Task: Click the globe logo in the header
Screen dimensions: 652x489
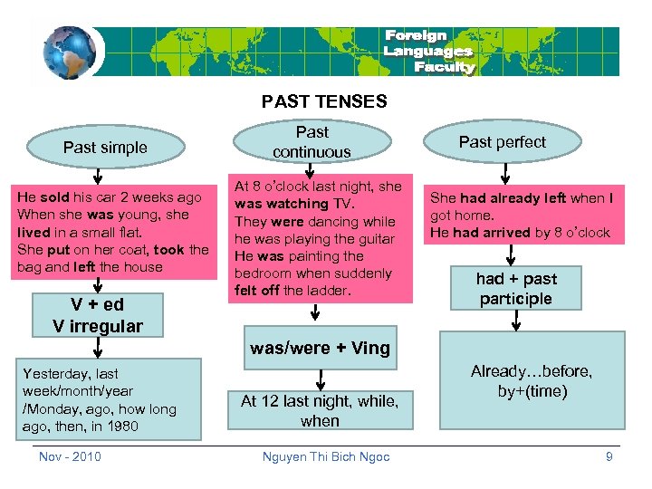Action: pyautogui.click(x=69, y=52)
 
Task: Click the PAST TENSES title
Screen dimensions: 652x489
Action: pyautogui.click(x=324, y=101)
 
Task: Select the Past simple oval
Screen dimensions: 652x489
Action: pyautogui.click(x=105, y=147)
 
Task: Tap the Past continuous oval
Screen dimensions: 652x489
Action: pyautogui.click(x=312, y=142)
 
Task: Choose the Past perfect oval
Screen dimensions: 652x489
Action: pyautogui.click(x=503, y=141)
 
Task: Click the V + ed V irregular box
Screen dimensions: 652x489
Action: pyautogui.click(x=99, y=315)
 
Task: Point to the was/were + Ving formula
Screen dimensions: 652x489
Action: pyautogui.click(x=320, y=348)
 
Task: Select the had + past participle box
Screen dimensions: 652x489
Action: pyautogui.click(x=516, y=289)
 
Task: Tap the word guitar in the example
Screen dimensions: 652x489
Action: pyautogui.click(x=377, y=239)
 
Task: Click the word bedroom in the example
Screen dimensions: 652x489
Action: pyautogui.click(x=264, y=273)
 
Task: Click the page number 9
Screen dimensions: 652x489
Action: pyautogui.click(x=609, y=456)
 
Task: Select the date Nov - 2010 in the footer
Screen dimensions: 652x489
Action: pyautogui.click(x=71, y=456)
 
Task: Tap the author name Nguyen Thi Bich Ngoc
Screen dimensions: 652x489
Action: pyautogui.click(x=326, y=456)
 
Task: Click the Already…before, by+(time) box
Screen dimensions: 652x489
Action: pyautogui.click(x=532, y=381)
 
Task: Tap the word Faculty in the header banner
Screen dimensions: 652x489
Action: pyautogui.click(x=444, y=67)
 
